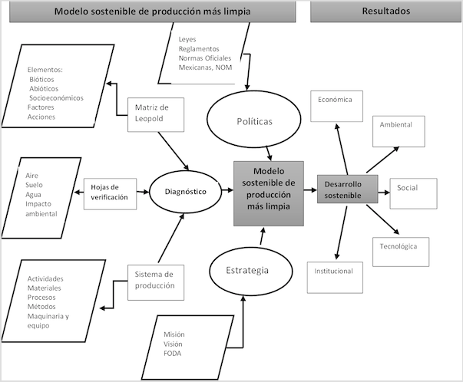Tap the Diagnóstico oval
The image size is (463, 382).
point(184,190)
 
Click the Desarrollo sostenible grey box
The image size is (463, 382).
point(348,189)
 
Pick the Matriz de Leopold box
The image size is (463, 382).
point(151,113)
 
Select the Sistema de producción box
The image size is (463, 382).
point(155,280)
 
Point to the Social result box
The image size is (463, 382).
point(412,188)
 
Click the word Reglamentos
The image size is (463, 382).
point(200,48)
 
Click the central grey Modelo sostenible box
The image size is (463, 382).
point(269,193)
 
